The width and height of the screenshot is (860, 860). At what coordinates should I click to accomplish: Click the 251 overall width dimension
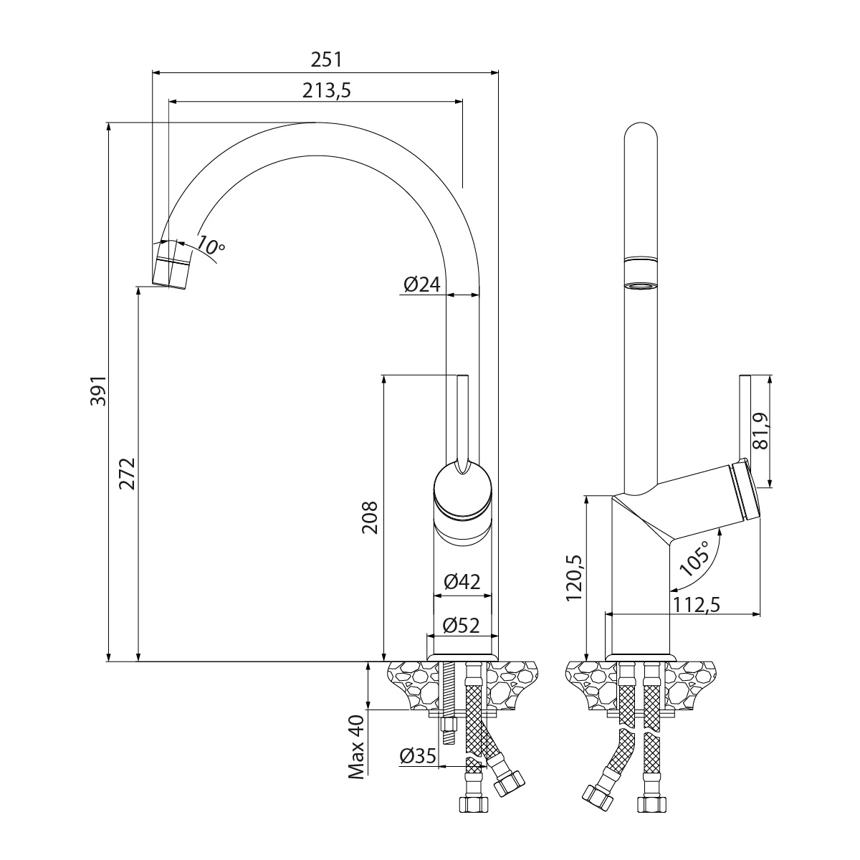326,59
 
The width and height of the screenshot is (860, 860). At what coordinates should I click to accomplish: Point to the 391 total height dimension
97,391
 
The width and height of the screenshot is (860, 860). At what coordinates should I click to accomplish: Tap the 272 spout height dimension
127,473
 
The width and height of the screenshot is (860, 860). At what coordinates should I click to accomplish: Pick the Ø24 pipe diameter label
421,285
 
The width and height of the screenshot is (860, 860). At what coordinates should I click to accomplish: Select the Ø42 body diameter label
462,583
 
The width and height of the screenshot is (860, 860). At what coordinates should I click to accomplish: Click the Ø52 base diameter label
462,625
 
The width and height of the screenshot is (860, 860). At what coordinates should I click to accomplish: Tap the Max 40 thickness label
356,745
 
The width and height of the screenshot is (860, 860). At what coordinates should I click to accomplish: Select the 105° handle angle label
694,559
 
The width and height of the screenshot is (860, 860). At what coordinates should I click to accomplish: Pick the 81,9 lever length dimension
762,430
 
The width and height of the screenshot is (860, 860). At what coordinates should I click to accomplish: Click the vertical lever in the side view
745,416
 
